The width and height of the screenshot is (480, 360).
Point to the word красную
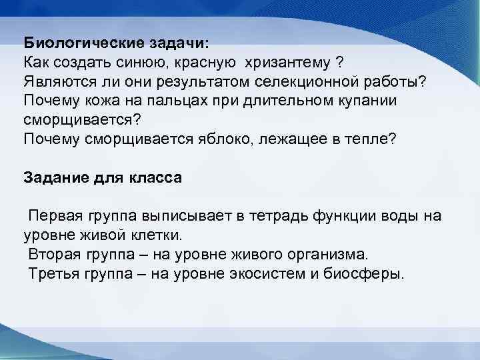pos(208,63)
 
